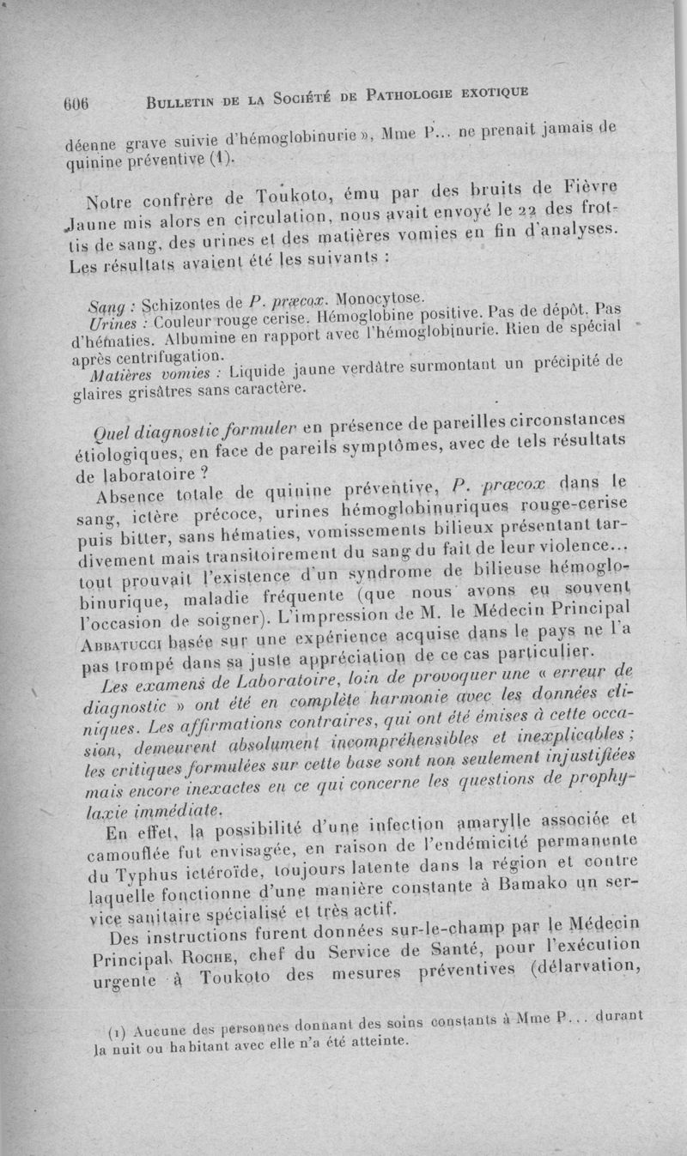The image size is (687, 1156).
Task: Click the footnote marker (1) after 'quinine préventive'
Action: click(222, 160)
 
